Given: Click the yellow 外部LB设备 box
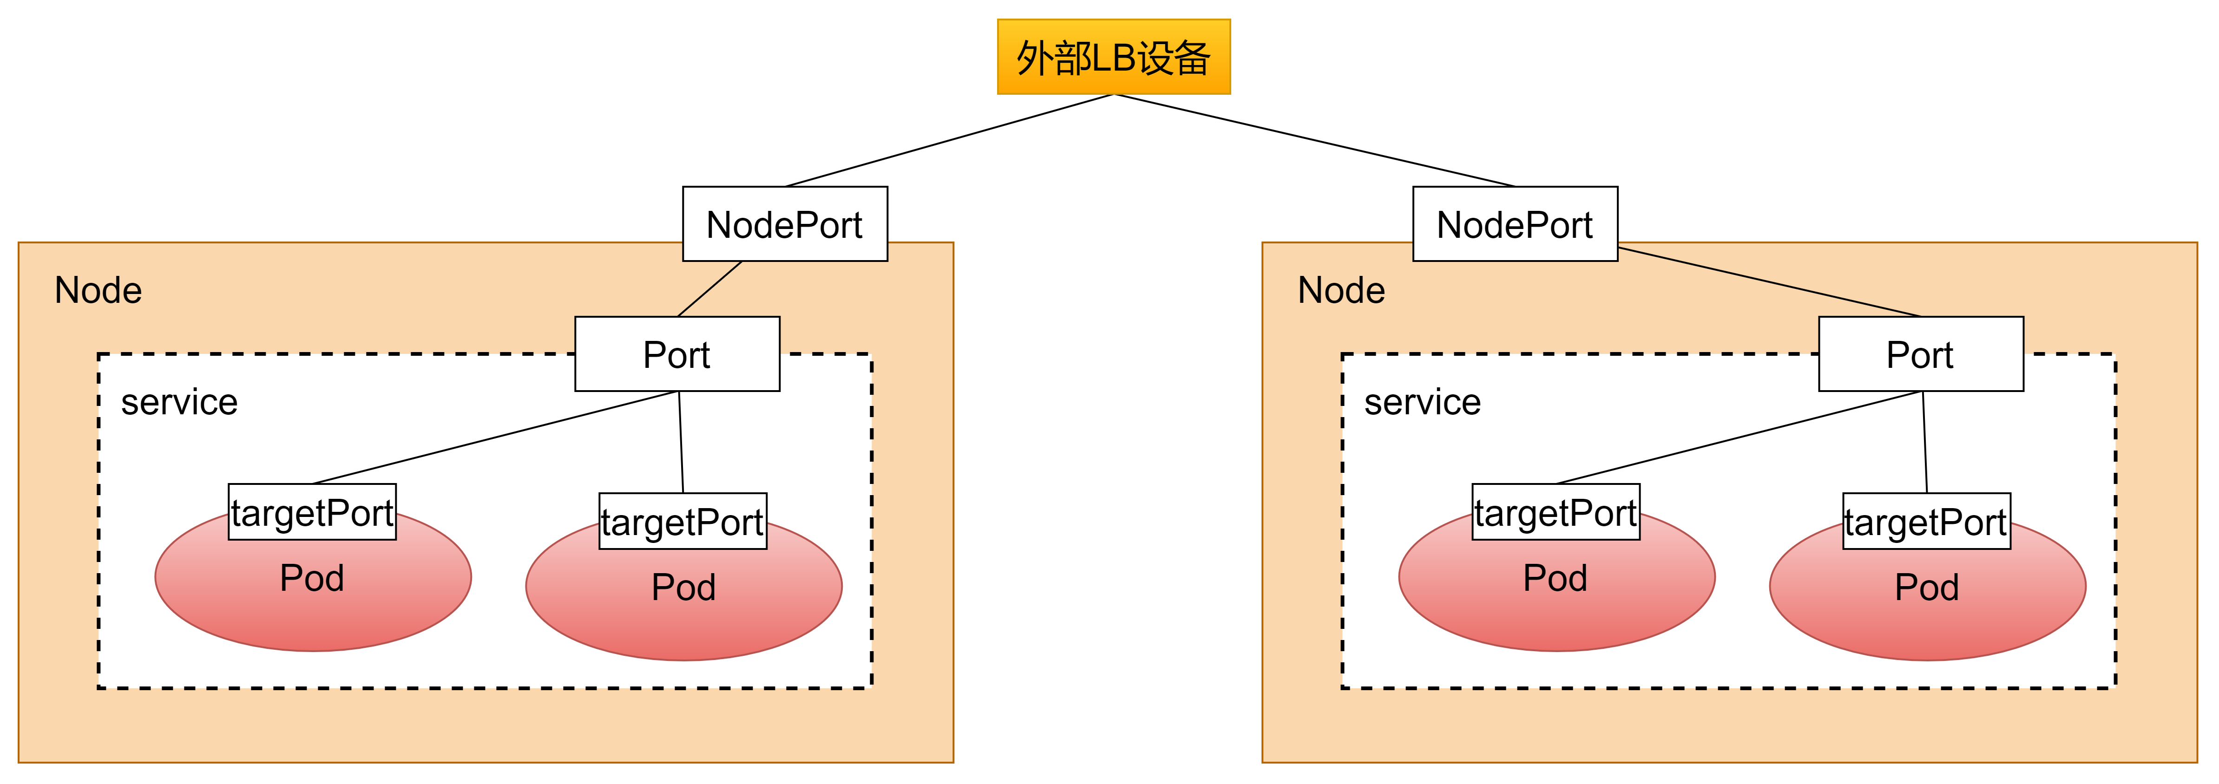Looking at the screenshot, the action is pyautogui.click(x=1114, y=57).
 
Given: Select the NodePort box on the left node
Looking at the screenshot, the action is pyautogui.click(x=785, y=224).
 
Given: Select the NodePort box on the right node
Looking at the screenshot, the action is pyautogui.click(x=1515, y=224).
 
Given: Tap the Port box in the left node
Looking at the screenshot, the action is pyautogui.click(x=677, y=354).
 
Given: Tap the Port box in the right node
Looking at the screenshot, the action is pyautogui.click(x=1921, y=354).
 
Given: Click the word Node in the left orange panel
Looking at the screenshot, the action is pyautogui.click(x=98, y=290).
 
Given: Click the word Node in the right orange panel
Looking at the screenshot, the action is pyautogui.click(x=1341, y=290).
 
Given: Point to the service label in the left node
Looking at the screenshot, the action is pyautogui.click(x=179, y=402).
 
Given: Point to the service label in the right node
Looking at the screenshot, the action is pyautogui.click(x=1422, y=402).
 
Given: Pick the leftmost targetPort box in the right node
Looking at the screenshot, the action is pyautogui.click(x=1556, y=512).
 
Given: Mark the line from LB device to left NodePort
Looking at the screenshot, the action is pyautogui.click(x=949, y=140).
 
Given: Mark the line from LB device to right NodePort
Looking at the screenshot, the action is pyautogui.click(x=1314, y=140).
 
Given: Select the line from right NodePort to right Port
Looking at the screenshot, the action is pyautogui.click(x=1769, y=282).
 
